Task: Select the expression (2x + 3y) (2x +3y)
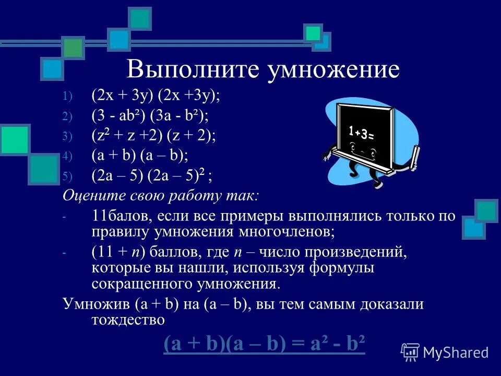pos(156,96)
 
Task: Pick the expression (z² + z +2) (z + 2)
pos(154,136)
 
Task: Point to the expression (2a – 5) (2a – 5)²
pos(152,175)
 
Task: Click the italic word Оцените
pos(91,196)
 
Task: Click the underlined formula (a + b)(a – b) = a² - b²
pos(264,345)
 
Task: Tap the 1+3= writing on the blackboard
pos(361,132)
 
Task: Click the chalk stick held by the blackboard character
pos(416,157)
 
